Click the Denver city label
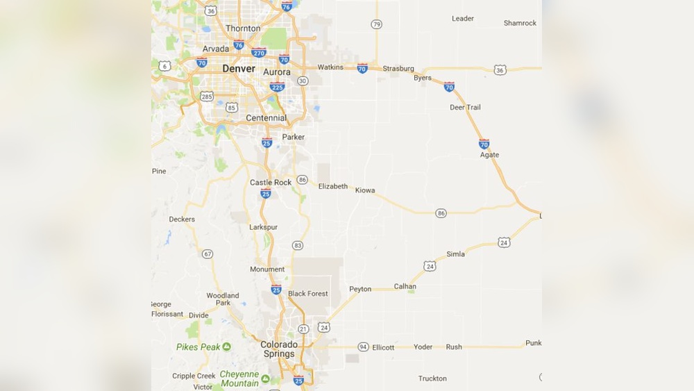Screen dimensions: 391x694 (239, 69)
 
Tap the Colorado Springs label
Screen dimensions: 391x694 (279, 349)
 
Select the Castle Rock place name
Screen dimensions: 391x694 (271, 183)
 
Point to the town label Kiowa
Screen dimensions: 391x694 (364, 190)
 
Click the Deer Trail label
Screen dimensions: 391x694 (465, 108)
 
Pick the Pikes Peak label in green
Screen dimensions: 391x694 (198, 347)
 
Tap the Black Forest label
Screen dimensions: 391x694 (308, 294)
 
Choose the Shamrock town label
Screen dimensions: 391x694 (520, 23)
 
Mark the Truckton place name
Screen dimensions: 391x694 (432, 378)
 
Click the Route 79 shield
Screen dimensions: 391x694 (376, 24)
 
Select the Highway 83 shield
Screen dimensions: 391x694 (298, 245)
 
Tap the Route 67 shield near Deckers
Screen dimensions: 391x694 (208, 254)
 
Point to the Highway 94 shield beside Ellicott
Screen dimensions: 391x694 (363, 347)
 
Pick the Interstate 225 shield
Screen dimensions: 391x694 (276, 87)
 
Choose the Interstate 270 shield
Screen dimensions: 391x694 (259, 52)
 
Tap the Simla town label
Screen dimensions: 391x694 (456, 254)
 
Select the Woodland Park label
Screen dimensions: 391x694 (223, 299)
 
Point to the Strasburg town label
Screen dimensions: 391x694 (398, 69)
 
